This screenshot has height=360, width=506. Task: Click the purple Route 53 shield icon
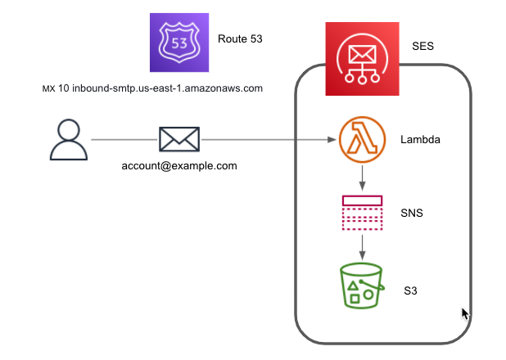tap(179, 43)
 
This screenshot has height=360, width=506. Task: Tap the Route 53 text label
tap(240, 38)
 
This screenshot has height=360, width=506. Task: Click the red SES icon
tap(362, 59)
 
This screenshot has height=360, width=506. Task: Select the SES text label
tap(422, 46)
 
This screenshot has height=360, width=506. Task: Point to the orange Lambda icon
tap(362, 139)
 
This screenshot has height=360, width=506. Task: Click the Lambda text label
tap(420, 139)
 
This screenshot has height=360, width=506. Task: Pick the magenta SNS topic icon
tap(362, 213)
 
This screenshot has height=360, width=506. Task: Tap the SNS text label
tap(412, 213)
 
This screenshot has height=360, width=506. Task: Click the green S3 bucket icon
tap(361, 286)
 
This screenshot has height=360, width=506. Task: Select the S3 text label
tap(410, 290)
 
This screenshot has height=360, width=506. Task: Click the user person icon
tap(69, 139)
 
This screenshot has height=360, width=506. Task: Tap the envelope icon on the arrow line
tap(179, 139)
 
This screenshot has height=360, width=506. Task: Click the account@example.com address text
tap(179, 166)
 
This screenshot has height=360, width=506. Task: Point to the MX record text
tap(152, 88)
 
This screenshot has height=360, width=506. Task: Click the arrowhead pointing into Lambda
tap(332, 139)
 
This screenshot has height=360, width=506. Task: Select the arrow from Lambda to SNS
tap(362, 178)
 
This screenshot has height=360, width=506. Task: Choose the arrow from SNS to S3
tap(362, 247)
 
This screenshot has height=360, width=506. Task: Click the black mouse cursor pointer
tap(465, 314)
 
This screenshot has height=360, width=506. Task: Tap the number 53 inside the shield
tap(179, 43)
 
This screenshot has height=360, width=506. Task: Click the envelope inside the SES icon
tap(362, 54)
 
